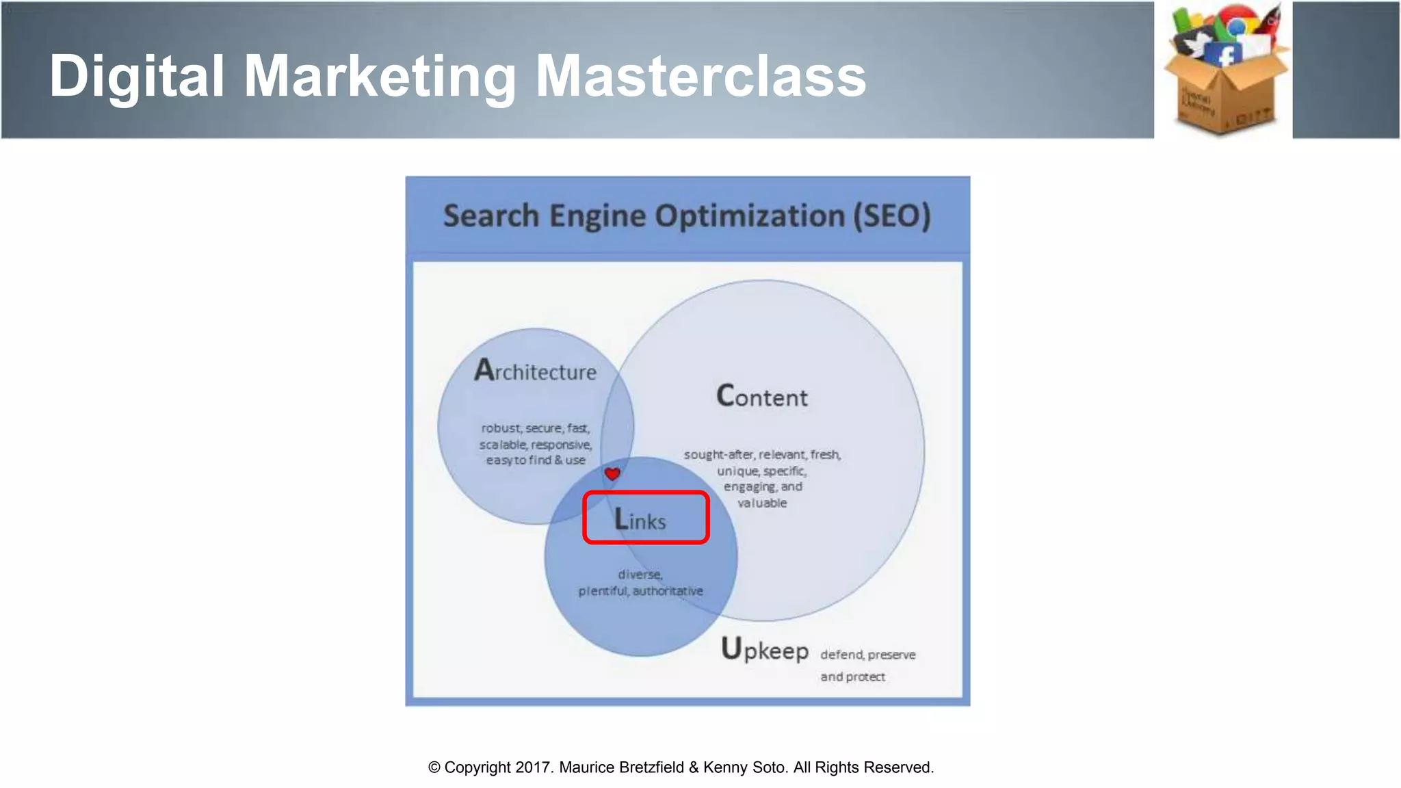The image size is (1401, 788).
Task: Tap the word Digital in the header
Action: [x=137, y=76]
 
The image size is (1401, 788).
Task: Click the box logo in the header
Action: [x=1224, y=69]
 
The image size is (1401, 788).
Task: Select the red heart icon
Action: [x=612, y=473]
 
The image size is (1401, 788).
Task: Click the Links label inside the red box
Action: [x=640, y=520]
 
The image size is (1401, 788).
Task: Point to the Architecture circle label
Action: [x=536, y=371]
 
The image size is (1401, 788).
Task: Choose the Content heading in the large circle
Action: [x=762, y=397]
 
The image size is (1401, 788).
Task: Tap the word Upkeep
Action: [x=765, y=649]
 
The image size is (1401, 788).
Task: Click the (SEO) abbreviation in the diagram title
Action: [x=891, y=216]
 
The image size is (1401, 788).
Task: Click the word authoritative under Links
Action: [x=668, y=591]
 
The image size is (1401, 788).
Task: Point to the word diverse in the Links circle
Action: [x=640, y=575]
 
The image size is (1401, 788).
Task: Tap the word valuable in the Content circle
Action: [x=762, y=503]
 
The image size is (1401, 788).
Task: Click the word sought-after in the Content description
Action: [x=719, y=455]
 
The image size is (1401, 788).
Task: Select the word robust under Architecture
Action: [x=501, y=428]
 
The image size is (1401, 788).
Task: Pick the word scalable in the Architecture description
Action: [x=503, y=445]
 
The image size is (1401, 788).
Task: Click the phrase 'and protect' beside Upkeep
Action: [x=852, y=677]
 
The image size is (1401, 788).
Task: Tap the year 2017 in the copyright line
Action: [x=533, y=767]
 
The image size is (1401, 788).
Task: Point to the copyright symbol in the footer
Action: [x=434, y=767]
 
